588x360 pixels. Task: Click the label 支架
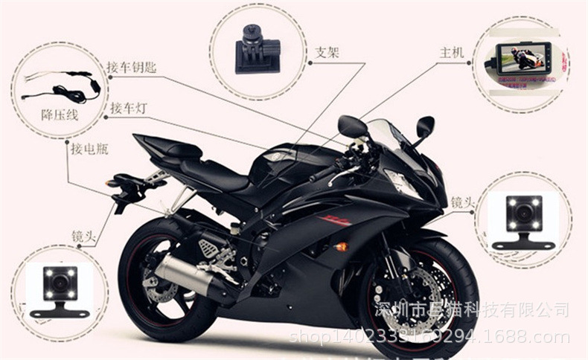[327, 53]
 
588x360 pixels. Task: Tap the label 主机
[451, 53]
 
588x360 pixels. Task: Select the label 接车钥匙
[131, 68]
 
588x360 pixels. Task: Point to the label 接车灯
[128, 109]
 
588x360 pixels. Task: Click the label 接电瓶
[89, 149]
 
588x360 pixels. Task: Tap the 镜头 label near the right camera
[462, 202]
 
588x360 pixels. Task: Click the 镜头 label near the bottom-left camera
[84, 236]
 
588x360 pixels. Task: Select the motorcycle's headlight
[403, 181]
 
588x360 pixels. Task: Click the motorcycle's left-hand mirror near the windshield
[351, 126]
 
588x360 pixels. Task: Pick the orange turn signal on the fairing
[342, 246]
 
